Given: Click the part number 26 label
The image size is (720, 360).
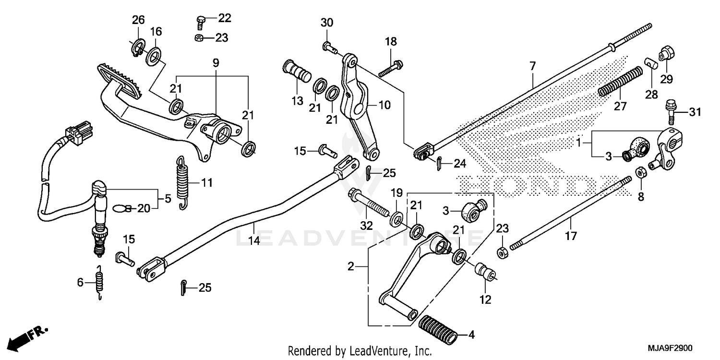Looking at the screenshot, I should point(138,20).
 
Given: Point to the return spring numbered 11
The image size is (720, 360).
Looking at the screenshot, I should point(181,183).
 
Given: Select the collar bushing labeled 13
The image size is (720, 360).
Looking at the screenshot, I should point(297,72).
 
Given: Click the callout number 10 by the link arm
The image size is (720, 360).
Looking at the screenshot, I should point(385,104).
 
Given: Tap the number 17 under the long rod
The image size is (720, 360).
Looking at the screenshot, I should point(571,236).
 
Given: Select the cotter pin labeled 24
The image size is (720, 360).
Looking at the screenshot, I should point(440,163).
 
